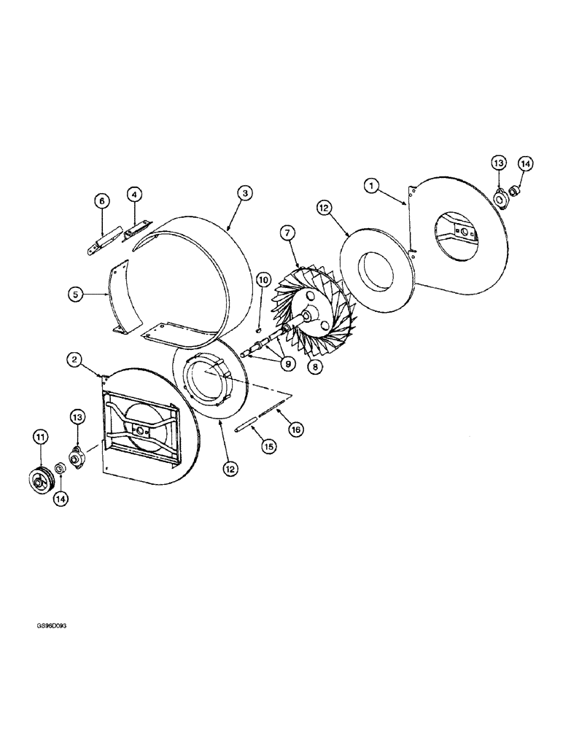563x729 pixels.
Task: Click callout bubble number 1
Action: (372, 187)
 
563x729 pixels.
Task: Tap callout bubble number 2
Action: (74, 359)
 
